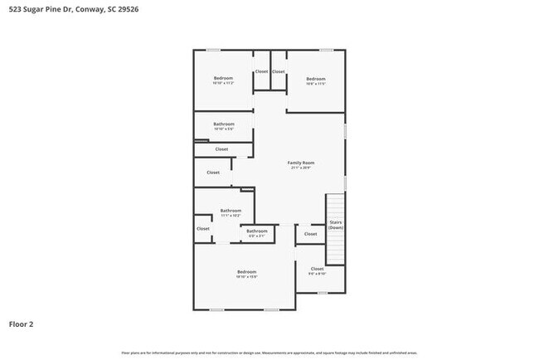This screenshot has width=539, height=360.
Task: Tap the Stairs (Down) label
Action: (x=336, y=225)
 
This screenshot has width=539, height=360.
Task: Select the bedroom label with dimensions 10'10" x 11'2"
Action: (x=223, y=80)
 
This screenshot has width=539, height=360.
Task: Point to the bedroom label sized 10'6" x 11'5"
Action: (x=315, y=80)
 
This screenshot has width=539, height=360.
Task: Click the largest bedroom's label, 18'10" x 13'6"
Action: (x=246, y=275)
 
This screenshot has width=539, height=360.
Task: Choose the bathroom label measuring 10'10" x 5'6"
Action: (x=223, y=126)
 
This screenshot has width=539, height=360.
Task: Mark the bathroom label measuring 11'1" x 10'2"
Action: (x=231, y=213)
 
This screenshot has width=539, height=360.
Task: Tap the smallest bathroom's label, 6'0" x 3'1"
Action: (x=257, y=233)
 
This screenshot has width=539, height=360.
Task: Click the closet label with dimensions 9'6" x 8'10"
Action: (x=317, y=270)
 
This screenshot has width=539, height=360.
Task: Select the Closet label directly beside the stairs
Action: (x=310, y=234)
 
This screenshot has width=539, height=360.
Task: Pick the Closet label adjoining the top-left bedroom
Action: (x=261, y=71)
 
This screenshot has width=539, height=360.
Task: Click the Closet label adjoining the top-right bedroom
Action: (x=279, y=71)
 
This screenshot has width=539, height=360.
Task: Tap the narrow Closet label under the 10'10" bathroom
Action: (x=221, y=149)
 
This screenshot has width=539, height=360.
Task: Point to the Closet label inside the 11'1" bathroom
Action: (x=203, y=228)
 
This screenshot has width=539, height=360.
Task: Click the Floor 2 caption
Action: (x=22, y=324)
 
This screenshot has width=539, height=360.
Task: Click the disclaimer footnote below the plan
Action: (x=269, y=353)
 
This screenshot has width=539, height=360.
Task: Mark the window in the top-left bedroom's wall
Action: (x=214, y=50)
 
